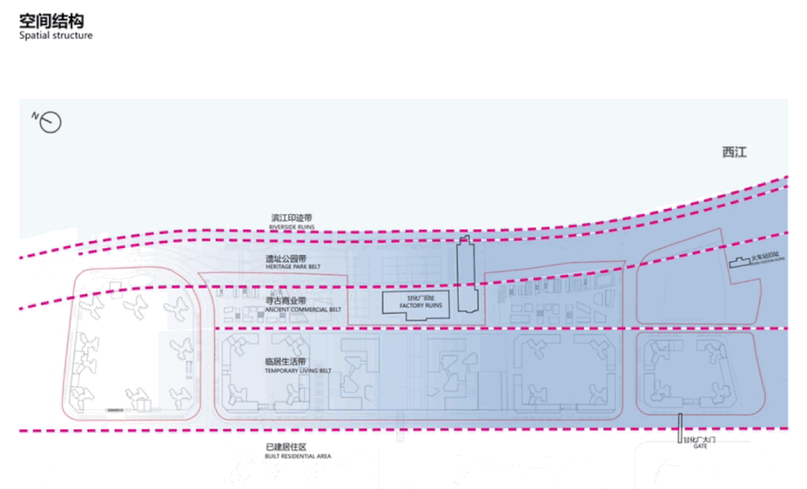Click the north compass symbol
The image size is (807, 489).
[x=49, y=122]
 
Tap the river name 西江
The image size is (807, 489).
[x=734, y=153]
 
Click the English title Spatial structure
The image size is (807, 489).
[x=56, y=35]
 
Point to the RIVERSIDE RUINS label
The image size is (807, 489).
[x=291, y=227]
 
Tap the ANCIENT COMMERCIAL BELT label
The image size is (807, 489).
[x=303, y=309]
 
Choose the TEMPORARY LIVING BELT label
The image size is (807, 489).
[x=297, y=371]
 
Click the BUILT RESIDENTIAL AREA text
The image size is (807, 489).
[x=297, y=455]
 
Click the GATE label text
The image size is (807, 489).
[x=699, y=446]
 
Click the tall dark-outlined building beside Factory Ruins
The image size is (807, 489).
[x=468, y=274]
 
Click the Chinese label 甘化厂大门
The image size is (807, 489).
[x=699, y=440]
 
